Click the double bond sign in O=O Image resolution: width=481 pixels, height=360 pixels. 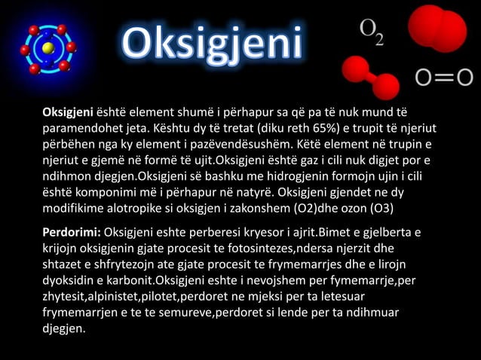pos(445,78)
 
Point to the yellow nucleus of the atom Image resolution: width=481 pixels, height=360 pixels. pos(47,48)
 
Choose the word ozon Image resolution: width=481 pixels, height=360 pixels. pos(353,209)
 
